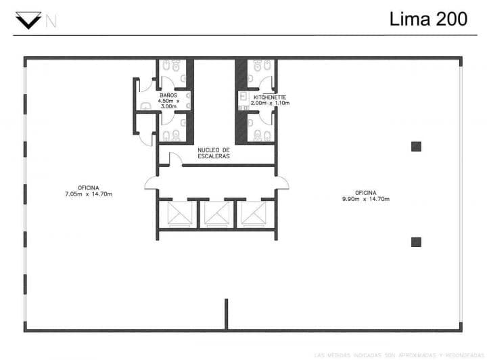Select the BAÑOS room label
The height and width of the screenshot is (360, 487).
[168, 95]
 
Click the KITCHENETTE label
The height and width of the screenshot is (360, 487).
[271, 97]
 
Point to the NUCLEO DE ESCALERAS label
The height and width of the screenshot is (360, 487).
[214, 153]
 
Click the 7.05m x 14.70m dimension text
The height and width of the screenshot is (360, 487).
[84, 194]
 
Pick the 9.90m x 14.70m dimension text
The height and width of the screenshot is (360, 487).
[365, 198]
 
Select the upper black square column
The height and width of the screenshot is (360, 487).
[416, 145]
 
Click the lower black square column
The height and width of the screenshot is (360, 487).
[416, 242]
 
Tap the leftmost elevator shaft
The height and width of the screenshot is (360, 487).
[178, 214]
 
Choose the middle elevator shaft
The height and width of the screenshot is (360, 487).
[217, 214]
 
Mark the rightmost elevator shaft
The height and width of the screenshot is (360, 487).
[256, 214]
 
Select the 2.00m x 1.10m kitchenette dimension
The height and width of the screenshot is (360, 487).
[271, 104]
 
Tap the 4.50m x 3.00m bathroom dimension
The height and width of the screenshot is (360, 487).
[168, 104]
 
